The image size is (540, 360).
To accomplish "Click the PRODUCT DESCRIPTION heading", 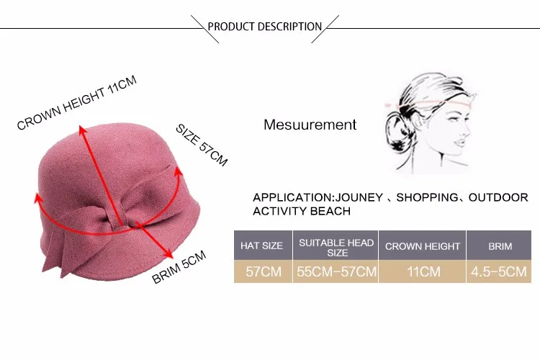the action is pyautogui.click(x=264, y=27).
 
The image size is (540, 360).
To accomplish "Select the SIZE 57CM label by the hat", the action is pyautogui.click(x=202, y=145).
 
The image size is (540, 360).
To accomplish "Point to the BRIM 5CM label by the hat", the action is pyautogui.click(x=179, y=266).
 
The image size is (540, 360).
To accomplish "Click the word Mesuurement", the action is pyautogui.click(x=310, y=125).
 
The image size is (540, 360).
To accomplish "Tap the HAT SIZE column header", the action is pyautogui.click(x=261, y=246).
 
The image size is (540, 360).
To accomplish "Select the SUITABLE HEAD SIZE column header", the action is pyautogui.click(x=336, y=246).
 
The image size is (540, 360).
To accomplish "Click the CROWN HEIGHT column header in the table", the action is pyautogui.click(x=422, y=246).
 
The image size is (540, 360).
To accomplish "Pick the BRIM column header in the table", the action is pyautogui.click(x=500, y=246).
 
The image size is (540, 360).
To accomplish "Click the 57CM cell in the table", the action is pyautogui.click(x=261, y=271).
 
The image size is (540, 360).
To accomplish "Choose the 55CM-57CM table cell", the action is pyautogui.click(x=336, y=271).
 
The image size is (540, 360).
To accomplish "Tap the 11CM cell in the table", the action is pyautogui.click(x=422, y=271).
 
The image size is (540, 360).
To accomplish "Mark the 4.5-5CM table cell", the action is pyautogui.click(x=500, y=271).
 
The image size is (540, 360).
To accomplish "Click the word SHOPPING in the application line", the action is pyautogui.click(x=427, y=197).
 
